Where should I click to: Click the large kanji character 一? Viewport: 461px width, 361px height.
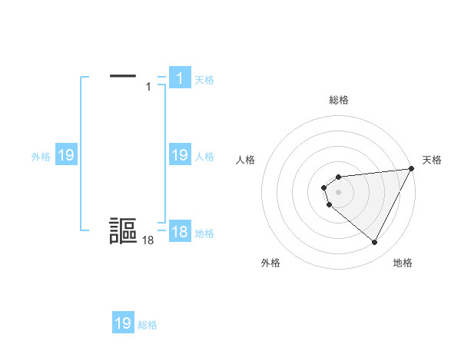pyautogui.click(x=123, y=76)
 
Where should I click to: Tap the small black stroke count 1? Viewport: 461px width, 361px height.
pyautogui.click(x=148, y=87)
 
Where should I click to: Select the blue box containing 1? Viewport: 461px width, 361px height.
pyautogui.click(x=179, y=78)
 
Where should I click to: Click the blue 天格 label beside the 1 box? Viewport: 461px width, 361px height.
pyautogui.click(x=204, y=79)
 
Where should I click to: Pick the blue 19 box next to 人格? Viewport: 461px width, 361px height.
pyautogui.click(x=179, y=155)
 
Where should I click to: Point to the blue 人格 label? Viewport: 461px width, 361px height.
pyautogui.click(x=204, y=157)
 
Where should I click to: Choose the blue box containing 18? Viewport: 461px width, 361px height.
pyautogui.click(x=179, y=232)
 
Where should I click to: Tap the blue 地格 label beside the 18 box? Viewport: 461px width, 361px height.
pyautogui.click(x=204, y=233)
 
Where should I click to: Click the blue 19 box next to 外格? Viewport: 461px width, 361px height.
pyautogui.click(x=65, y=155)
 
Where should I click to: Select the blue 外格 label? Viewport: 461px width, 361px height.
pyautogui.click(x=41, y=157)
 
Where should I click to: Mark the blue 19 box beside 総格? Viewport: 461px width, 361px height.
pyautogui.click(x=123, y=323)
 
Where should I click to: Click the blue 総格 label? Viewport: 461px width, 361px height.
pyautogui.click(x=148, y=325)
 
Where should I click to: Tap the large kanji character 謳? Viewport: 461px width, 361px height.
pyautogui.click(x=123, y=231)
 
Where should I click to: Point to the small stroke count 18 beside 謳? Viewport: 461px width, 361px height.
pyautogui.click(x=148, y=241)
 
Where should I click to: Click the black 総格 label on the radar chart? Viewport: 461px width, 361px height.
pyautogui.click(x=339, y=100)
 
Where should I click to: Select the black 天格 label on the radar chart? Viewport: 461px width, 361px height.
pyautogui.click(x=432, y=160)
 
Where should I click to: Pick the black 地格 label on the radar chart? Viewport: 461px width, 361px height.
pyautogui.click(x=403, y=263)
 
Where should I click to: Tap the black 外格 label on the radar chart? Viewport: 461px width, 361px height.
pyautogui.click(x=270, y=263)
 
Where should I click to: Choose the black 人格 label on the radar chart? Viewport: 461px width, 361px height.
pyautogui.click(x=246, y=160)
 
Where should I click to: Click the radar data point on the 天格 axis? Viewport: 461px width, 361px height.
pyautogui.click(x=410, y=169)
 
